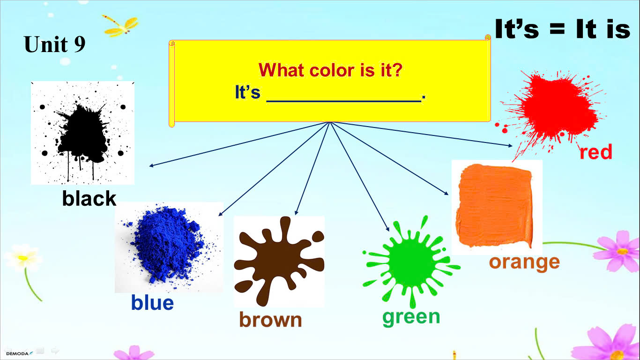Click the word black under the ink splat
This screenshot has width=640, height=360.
pos(89,198)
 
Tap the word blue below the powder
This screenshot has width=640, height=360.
pos(152,302)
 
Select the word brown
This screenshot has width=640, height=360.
pos(270,319)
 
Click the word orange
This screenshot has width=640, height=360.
pos(524,262)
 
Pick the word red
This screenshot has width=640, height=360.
pos(596,152)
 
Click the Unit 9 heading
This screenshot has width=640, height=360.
pos(54,44)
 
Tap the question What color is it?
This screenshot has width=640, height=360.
pos(330,70)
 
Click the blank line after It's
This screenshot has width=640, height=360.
pos(344,101)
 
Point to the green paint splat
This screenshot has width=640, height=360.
pos(411,261)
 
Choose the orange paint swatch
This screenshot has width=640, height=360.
pos(496,205)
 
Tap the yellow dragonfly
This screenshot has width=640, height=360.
pos(121,26)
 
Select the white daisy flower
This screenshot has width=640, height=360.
pos(23,258)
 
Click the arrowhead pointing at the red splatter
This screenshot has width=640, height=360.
pos(510,145)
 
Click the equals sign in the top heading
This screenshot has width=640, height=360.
pos(557,30)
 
